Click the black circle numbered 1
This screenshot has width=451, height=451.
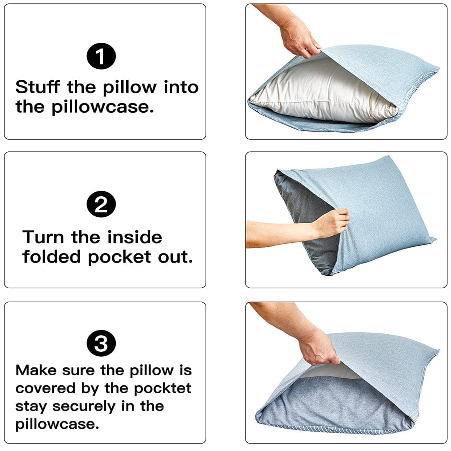(101, 56)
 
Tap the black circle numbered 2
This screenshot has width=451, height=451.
(101, 204)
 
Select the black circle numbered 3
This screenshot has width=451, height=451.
(101, 343)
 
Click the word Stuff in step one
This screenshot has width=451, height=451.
(38, 87)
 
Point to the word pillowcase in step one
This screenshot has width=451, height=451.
(102, 107)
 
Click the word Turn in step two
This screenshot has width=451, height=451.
(43, 237)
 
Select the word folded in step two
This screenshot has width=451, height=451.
(51, 256)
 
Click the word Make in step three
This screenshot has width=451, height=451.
(36, 370)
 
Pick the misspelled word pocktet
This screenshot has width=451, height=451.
(162, 389)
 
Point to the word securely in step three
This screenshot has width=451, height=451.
(83, 407)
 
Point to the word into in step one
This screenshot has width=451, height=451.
(181, 87)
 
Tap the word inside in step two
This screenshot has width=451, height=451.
(135, 237)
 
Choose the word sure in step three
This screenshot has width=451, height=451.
(78, 371)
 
